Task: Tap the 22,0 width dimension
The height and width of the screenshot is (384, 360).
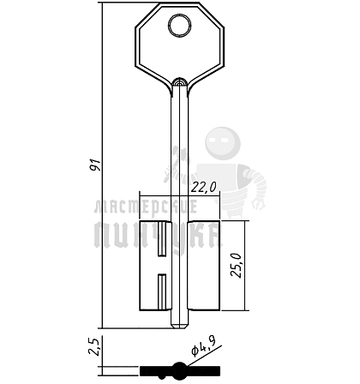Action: point(203,188)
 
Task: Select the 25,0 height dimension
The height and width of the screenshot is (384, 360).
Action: point(237,265)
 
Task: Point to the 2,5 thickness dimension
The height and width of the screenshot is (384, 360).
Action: point(93,346)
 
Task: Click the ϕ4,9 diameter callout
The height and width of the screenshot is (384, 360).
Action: point(204,345)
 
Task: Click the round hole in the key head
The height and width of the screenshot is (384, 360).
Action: point(180,26)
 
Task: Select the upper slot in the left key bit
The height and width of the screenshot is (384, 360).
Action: point(162,238)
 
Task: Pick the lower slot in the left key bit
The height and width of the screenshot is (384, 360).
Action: point(162,292)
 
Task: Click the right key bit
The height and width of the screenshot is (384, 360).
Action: point(204,266)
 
